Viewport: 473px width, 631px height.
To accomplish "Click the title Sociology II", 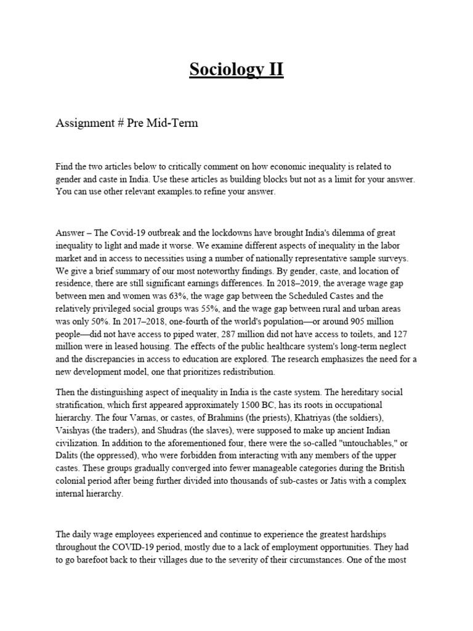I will point(236,70).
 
